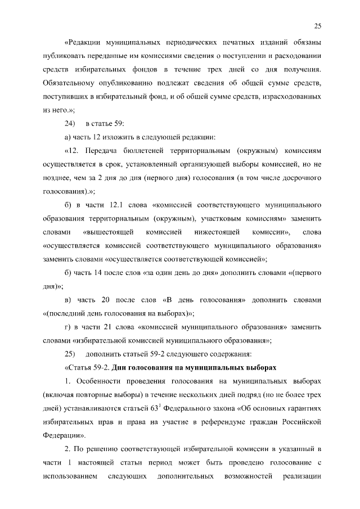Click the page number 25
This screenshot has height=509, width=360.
tap(318, 26)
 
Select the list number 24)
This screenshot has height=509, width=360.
tap(70, 123)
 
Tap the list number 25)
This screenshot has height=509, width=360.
tap(70, 354)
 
